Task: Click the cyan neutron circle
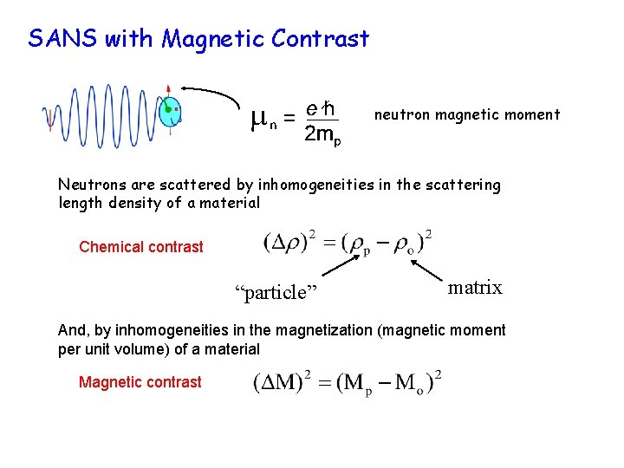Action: point(171,113)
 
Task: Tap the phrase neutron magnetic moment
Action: point(467,114)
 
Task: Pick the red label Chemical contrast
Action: point(141,247)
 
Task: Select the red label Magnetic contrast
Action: point(140,382)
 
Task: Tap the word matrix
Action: point(475,288)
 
